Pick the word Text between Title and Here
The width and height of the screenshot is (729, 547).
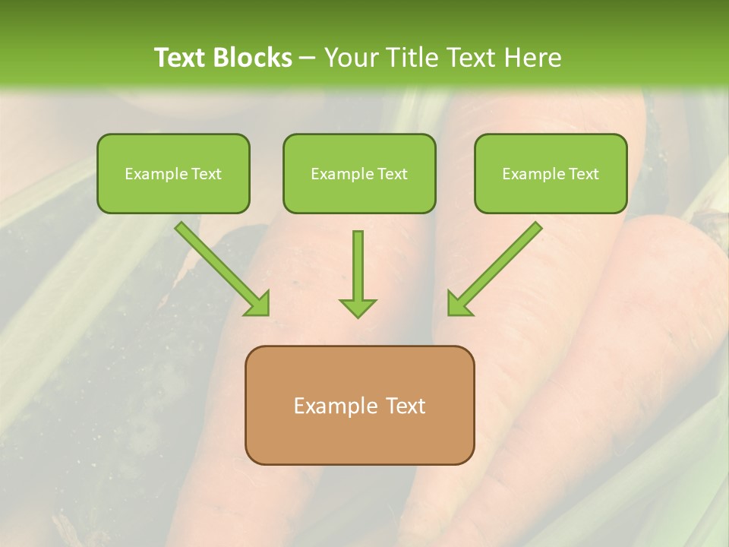point(473,58)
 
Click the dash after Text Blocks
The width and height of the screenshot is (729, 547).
point(308,58)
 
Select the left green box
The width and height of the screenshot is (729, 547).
point(173,173)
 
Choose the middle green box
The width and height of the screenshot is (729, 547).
point(359,173)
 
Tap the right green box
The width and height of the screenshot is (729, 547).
point(551,173)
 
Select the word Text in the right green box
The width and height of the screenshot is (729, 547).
point(583,174)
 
